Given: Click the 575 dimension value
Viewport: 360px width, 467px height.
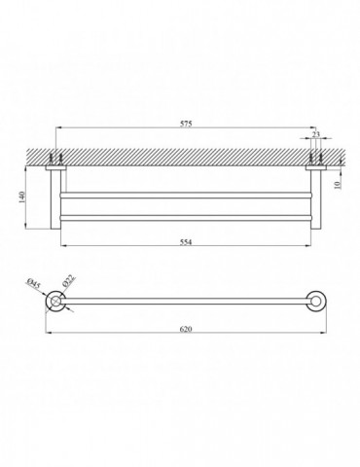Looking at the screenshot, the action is [x=187, y=124].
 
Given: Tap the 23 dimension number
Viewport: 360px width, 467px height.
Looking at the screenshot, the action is [x=316, y=134].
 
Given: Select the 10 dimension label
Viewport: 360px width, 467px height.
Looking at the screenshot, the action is [x=338, y=185].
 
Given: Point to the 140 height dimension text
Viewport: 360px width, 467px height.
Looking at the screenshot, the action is [x=21, y=198].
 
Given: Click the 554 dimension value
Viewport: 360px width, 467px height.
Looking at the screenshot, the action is [x=186, y=241].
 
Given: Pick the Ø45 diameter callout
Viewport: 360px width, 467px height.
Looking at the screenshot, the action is [x=34, y=283].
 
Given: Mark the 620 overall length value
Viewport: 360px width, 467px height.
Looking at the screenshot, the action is [x=186, y=329].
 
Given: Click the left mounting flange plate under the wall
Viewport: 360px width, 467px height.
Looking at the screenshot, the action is [x=55, y=168].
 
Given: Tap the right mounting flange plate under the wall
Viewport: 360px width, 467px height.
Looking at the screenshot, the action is [x=316, y=168].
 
